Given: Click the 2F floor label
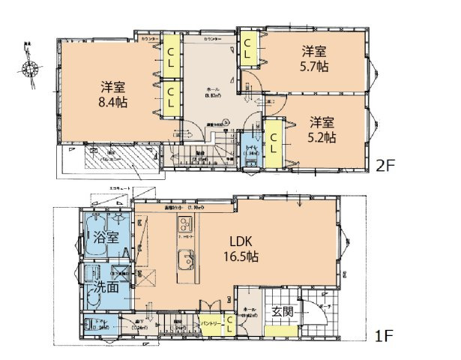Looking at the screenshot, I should pos(386,165).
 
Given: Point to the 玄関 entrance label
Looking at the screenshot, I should pos(282,311).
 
